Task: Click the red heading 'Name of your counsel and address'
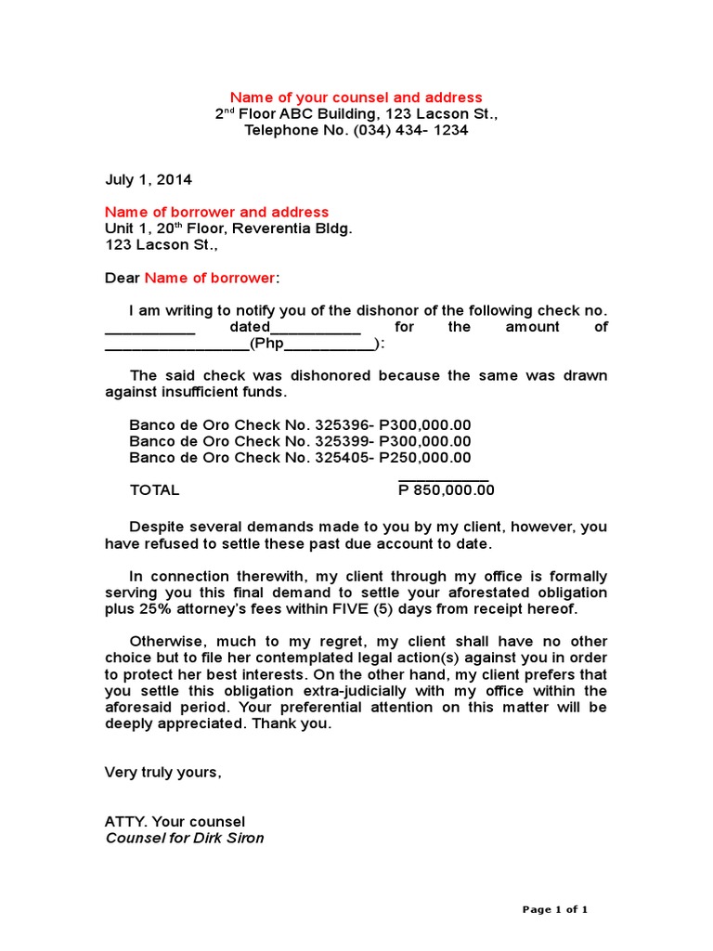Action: tap(356, 98)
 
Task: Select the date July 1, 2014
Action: tap(149, 179)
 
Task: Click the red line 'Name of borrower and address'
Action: tap(216, 213)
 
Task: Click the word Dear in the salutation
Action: tap(122, 279)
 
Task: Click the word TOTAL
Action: tap(154, 490)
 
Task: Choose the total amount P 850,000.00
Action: tap(447, 490)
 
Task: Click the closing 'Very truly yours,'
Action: tap(163, 773)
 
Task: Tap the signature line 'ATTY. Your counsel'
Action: tap(175, 822)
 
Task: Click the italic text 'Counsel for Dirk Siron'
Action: tap(185, 839)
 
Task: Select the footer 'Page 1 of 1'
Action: tap(555, 910)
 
